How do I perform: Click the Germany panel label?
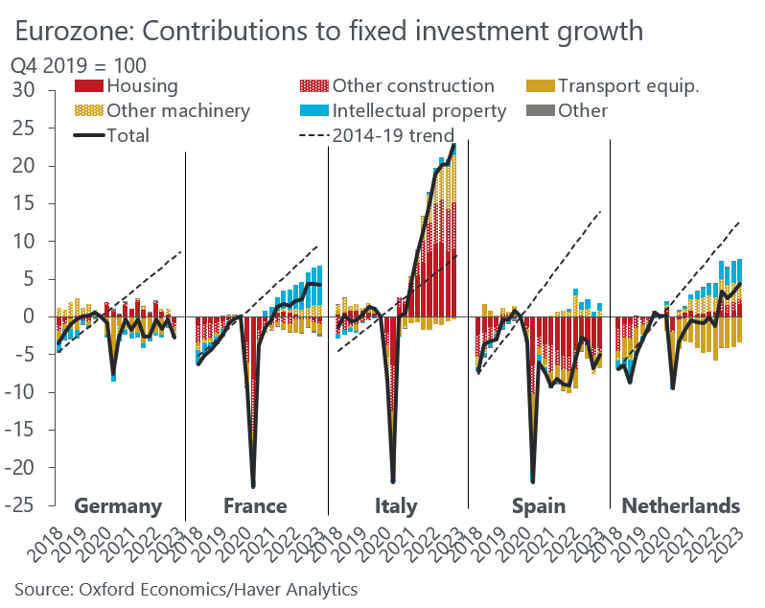pos(117,505)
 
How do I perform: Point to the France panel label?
pos(255,505)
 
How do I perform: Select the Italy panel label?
pos(396,505)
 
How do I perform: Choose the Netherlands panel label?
pos(681,505)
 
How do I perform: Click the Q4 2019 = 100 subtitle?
pos(78,67)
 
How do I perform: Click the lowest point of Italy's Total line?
pos(392,479)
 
